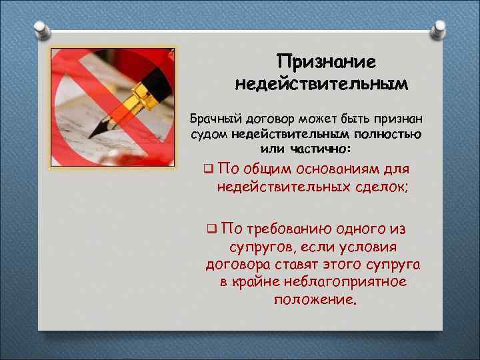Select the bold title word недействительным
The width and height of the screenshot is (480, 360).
coord(321,85)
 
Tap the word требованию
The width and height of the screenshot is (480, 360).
coord(287,230)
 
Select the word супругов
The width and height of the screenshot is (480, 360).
coord(258,247)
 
